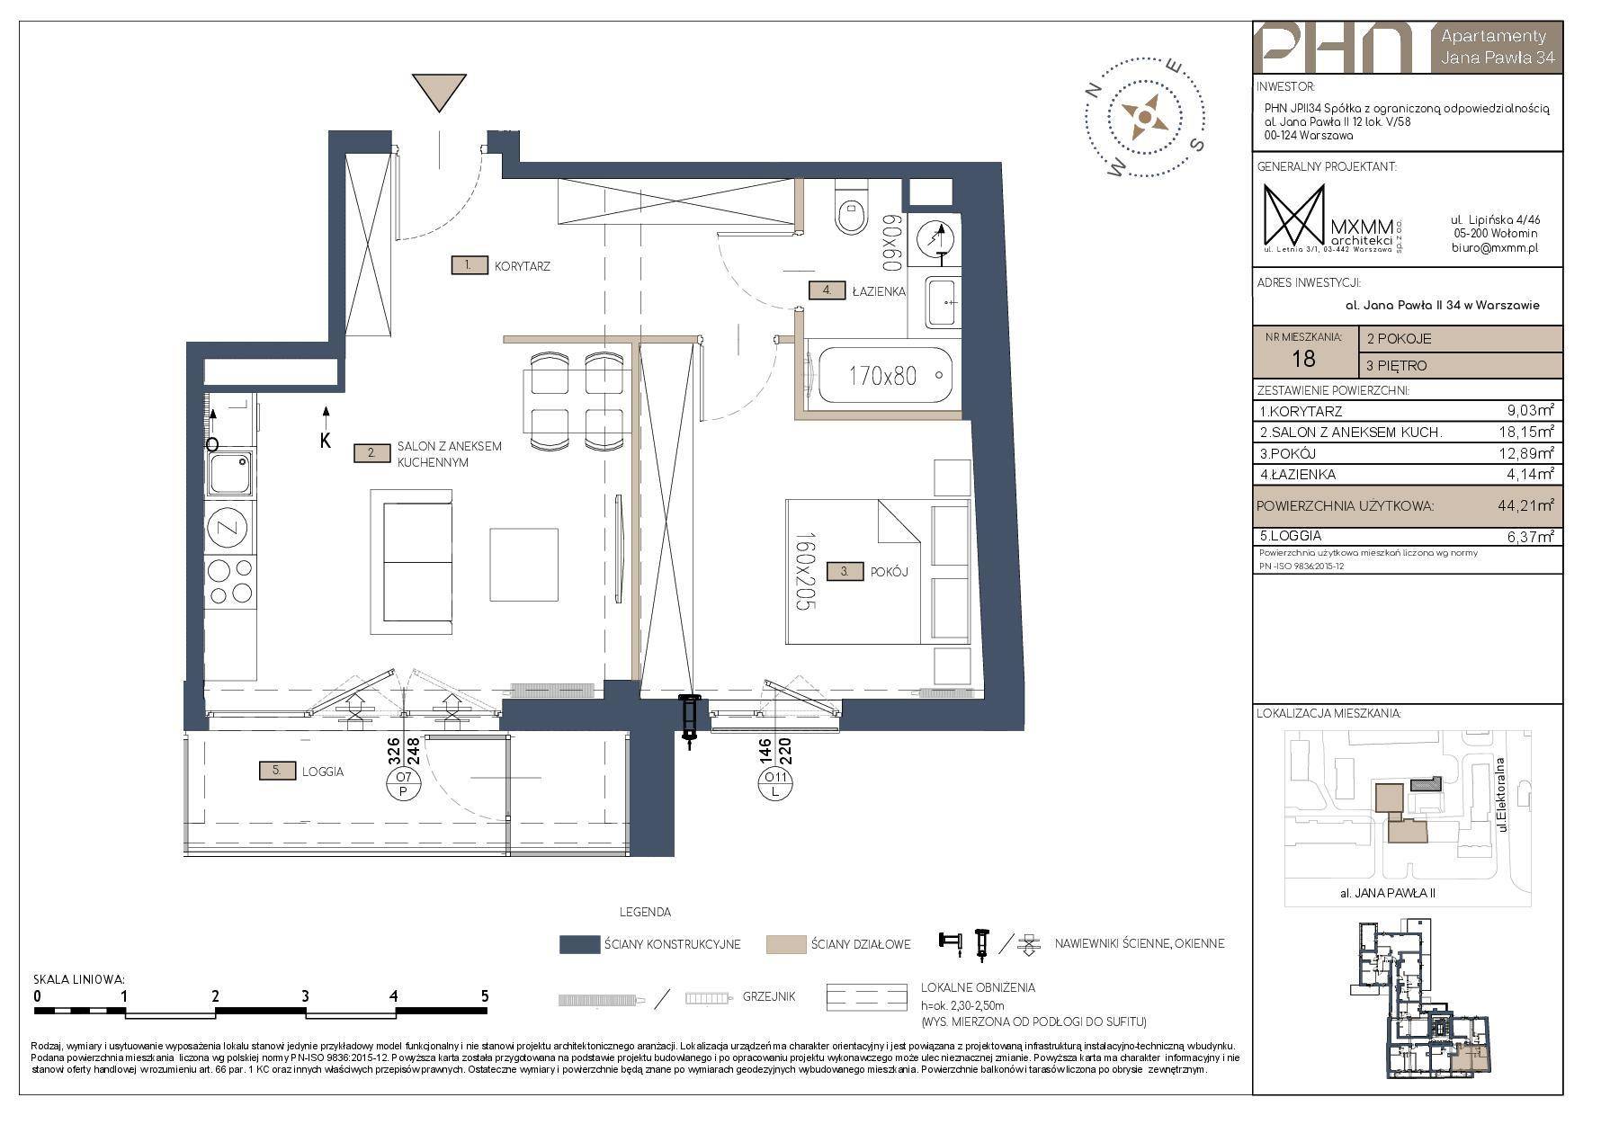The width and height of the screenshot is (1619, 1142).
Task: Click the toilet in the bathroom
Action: [850, 208]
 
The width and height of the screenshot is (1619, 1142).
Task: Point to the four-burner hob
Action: [229, 581]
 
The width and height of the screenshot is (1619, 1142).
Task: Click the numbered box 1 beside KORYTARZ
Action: [469, 265]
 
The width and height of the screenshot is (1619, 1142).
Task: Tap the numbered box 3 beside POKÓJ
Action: [845, 571]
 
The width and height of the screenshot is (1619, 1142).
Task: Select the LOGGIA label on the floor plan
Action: [323, 772]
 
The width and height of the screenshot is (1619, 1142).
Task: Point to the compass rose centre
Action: [1142, 116]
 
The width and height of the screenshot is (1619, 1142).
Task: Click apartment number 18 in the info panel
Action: [1302, 359]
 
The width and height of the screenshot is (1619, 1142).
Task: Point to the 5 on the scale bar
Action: [485, 995]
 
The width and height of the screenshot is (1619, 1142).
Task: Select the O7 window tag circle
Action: [404, 784]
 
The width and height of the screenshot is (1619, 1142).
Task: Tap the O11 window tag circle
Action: [773, 784]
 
